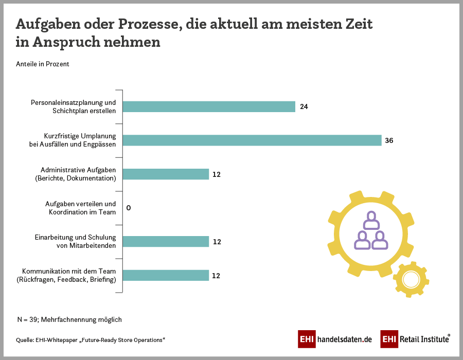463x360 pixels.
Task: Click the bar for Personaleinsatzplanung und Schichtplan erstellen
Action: tap(208, 106)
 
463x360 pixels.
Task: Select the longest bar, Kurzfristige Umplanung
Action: tap(252, 140)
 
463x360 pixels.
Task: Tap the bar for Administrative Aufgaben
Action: tap(166, 174)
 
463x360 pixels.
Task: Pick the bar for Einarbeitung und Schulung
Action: tap(166, 241)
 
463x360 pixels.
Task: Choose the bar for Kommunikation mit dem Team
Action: tap(166, 275)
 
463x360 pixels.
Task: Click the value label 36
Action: tap(389, 140)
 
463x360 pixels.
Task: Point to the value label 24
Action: tap(304, 107)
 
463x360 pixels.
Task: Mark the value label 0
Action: tap(129, 208)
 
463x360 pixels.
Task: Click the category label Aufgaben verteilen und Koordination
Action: tap(81, 208)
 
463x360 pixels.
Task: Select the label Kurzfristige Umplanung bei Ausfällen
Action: tap(73, 140)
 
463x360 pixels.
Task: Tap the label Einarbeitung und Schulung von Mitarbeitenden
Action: tap(76, 241)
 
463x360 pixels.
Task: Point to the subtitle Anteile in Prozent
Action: tap(43, 64)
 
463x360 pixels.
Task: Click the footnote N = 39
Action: tap(69, 319)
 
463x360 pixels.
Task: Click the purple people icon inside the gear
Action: tap(371, 231)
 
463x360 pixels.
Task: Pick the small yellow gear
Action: tap(411, 279)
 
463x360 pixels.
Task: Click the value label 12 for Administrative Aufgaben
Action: tap(217, 174)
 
